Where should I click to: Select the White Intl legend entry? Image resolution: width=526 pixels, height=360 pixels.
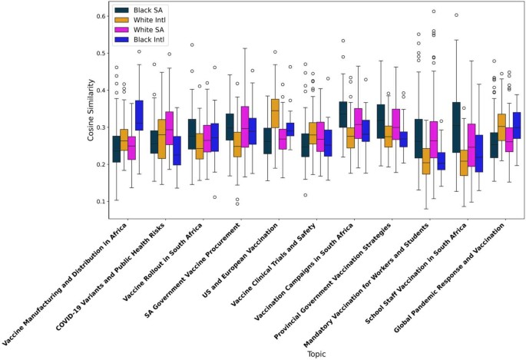[145, 19]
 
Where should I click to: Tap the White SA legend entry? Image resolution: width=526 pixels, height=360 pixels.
[144, 29]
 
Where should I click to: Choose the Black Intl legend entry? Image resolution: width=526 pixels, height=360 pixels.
[144, 39]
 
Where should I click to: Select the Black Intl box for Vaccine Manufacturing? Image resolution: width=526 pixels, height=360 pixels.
[138, 115]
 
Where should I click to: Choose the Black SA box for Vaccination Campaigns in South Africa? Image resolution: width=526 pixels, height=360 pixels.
[343, 114]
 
